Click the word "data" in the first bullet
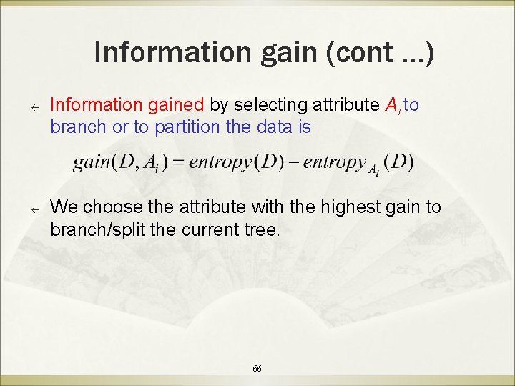[273, 127]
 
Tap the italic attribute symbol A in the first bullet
[391, 106]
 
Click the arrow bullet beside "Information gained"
[33, 107]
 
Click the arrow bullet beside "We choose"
[33, 209]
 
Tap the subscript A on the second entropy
[372, 169]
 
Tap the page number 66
[257, 368]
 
